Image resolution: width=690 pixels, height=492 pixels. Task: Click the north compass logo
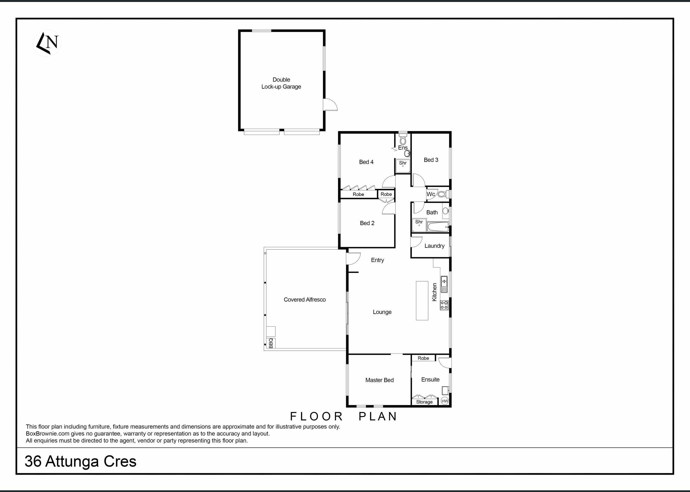[x=47, y=43]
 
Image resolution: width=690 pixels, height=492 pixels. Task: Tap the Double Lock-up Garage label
[x=281, y=83]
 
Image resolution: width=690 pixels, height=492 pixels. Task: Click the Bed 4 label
[x=366, y=162]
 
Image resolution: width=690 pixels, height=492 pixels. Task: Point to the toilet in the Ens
[x=403, y=139]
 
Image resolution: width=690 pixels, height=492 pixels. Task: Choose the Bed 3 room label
[x=431, y=160]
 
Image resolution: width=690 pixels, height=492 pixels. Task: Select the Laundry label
[x=434, y=246]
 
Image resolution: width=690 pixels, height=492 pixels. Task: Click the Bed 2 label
[x=367, y=223]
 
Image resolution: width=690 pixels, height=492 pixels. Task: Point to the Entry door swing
[x=353, y=258]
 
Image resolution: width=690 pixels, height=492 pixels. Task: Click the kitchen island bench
[x=422, y=300]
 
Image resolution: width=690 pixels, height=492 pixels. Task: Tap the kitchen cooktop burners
[x=444, y=305]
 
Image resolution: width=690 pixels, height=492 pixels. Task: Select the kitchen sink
[x=444, y=284]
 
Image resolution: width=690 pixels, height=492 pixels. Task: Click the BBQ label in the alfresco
[x=271, y=343]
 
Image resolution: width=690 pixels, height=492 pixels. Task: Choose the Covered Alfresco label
[x=304, y=300]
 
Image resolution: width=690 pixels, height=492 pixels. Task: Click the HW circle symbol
[x=444, y=401]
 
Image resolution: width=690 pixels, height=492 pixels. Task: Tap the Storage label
[x=424, y=402]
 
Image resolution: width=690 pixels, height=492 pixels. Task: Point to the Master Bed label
[x=379, y=380]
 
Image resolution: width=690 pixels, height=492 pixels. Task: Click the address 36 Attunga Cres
[x=81, y=462]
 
